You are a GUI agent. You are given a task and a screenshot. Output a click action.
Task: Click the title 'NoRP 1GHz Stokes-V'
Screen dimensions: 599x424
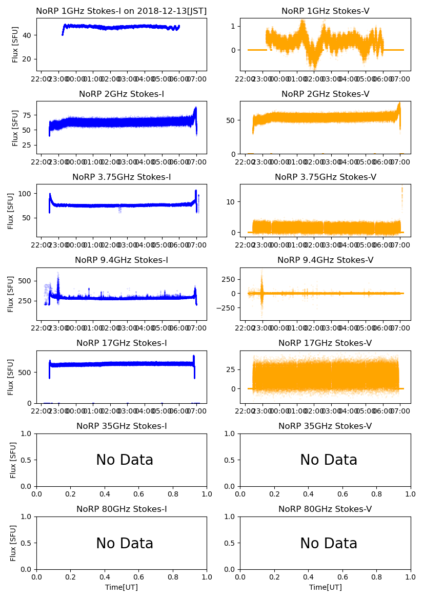coord(325,11)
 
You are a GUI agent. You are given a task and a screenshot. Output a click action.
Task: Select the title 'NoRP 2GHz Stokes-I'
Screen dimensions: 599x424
coord(122,94)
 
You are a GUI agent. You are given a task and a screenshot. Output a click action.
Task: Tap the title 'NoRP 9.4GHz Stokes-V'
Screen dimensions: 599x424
coord(325,260)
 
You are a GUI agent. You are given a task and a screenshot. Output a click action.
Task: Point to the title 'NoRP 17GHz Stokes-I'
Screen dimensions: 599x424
coord(122,343)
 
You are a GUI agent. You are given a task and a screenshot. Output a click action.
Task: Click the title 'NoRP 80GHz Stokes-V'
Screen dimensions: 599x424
coord(325,509)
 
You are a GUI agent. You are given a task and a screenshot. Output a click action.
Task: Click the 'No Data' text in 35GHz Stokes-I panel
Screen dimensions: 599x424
coord(125,460)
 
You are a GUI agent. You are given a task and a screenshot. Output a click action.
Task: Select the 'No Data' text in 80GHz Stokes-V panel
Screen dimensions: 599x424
coord(329,543)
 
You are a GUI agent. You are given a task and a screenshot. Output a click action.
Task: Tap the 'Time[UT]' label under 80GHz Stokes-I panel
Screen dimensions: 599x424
coord(122,587)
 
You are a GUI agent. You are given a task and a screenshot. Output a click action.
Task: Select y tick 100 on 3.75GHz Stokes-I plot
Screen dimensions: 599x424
coord(26,194)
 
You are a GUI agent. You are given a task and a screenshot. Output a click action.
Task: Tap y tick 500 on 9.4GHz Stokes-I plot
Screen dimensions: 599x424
coord(26,281)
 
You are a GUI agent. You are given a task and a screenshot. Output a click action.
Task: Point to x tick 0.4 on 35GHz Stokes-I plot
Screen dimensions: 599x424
coord(105,494)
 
